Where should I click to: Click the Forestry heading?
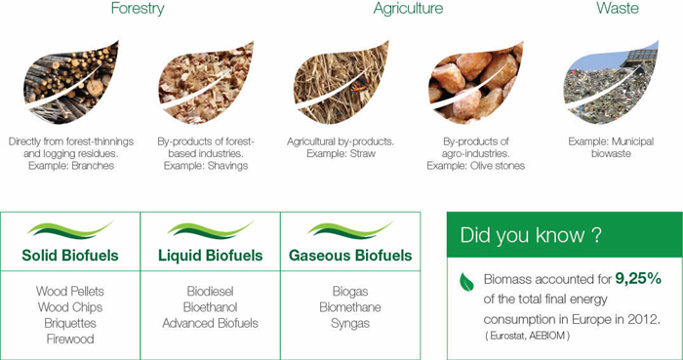pyautogui.click(x=138, y=9)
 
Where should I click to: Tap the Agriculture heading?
pyautogui.click(x=408, y=9)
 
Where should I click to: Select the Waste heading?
pyautogui.click(x=618, y=9)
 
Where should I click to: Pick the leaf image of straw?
pyautogui.click(x=340, y=82)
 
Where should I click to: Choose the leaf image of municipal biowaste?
pyautogui.click(x=611, y=82)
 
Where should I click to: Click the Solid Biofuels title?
pyautogui.click(x=70, y=257)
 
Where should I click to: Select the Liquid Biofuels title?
pyautogui.click(x=210, y=257)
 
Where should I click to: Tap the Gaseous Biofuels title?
pyautogui.click(x=350, y=257)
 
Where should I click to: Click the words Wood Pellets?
pyautogui.click(x=70, y=292)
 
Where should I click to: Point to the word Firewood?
pyautogui.click(x=70, y=339)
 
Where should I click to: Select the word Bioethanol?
pyautogui.click(x=210, y=307)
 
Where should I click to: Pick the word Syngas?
pyautogui.click(x=350, y=323)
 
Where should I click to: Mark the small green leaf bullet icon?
pyautogui.click(x=466, y=281)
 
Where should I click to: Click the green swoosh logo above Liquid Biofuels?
pyautogui.click(x=210, y=230)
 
